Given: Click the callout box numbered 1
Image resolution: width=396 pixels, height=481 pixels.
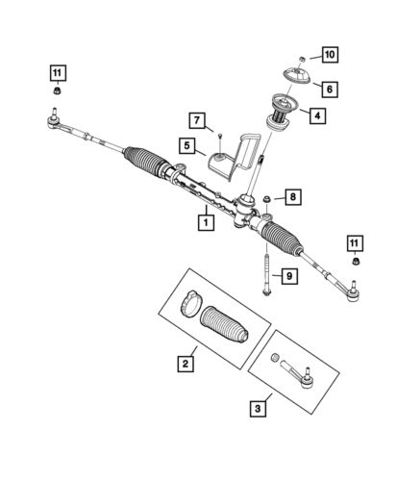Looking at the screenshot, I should pyautogui.click(x=205, y=220).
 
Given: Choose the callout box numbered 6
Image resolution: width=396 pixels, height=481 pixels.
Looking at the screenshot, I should pyautogui.click(x=328, y=89).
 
